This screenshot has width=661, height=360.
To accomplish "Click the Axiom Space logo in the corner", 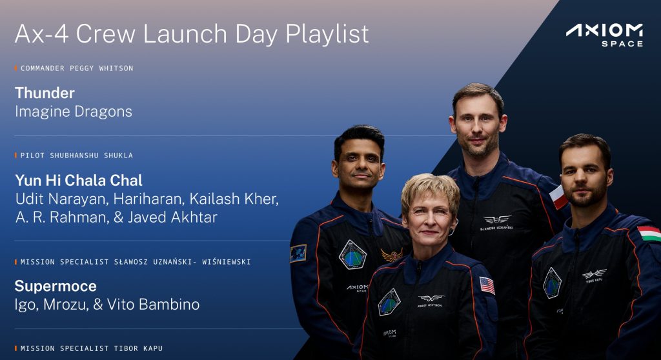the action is coord(604,35).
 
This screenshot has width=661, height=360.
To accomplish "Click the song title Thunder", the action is coord(45,93).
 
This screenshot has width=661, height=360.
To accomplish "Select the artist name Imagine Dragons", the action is coord(74,111).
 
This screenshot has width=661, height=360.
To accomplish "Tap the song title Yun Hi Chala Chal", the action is coord(79,181).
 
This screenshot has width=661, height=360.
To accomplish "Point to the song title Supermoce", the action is coord(56,286).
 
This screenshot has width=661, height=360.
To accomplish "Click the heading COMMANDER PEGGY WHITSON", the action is coord(77,68).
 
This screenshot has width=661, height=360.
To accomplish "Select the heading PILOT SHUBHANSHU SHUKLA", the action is coord(77,155).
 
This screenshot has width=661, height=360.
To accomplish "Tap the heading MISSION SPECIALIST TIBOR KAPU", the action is coord(92,348).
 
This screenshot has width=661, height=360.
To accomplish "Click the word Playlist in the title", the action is coord(327,34).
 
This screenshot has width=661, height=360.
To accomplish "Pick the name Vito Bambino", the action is coord(154,305).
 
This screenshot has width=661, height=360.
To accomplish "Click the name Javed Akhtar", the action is coord(172,217).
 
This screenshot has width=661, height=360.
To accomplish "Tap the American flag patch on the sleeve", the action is coord(487,285).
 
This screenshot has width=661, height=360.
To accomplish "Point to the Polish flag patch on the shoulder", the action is coord(558,196).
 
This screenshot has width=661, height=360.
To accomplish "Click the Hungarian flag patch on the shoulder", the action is coord(648,233).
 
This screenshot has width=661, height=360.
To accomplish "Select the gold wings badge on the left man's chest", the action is coord(392,255).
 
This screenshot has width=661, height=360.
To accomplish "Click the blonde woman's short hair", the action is coord(430,190).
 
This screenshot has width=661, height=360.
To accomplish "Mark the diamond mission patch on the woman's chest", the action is coord(389,302).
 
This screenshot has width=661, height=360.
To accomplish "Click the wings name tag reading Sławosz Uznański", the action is coord(497,222).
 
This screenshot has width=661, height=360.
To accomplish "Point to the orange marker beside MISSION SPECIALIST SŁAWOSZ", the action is coord(16,262).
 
